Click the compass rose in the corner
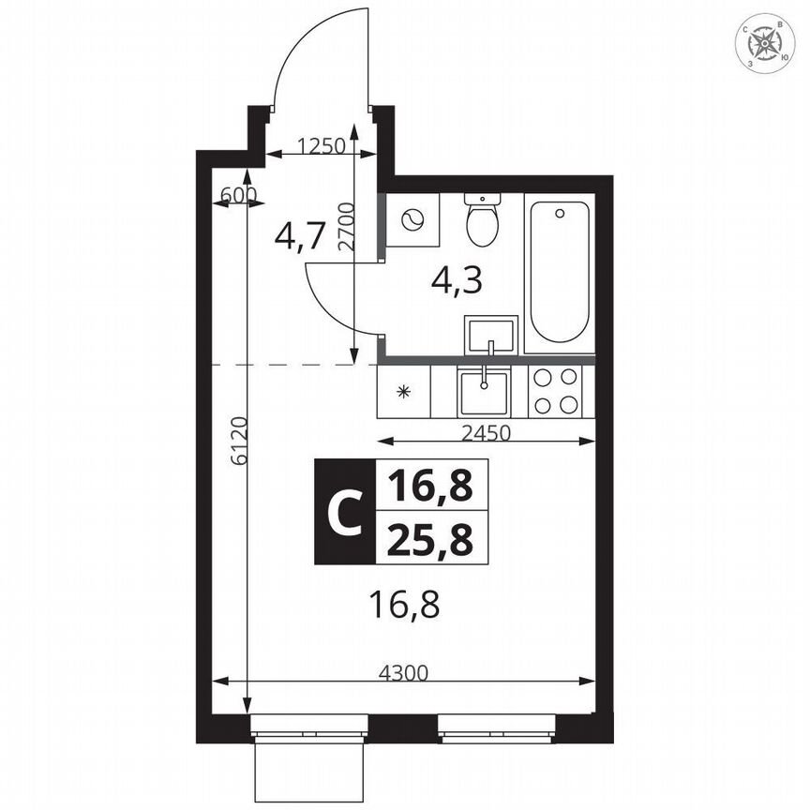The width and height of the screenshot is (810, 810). (x=769, y=43)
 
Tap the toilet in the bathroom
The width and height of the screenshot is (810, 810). (x=482, y=220)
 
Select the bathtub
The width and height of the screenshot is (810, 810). (x=559, y=272)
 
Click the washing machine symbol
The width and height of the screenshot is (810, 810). (x=411, y=220)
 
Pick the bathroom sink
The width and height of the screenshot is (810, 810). (x=490, y=334)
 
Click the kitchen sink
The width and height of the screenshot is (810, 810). (x=484, y=392)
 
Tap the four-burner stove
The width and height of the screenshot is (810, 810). (x=555, y=392)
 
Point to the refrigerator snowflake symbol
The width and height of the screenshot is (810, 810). (x=404, y=392)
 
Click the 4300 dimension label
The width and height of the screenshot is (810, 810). (x=404, y=671)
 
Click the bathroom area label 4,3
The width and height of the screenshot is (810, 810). (x=457, y=279)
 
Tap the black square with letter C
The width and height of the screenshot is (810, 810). (x=344, y=512)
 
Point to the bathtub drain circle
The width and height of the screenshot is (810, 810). (x=560, y=213)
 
